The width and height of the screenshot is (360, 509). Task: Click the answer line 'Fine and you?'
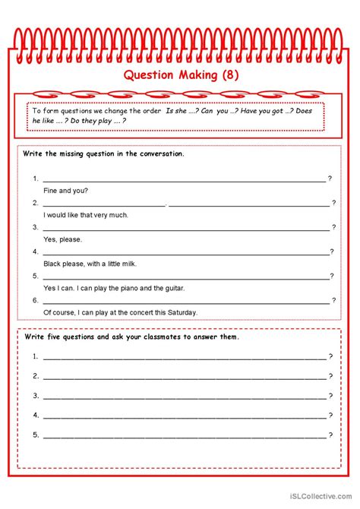[67, 190]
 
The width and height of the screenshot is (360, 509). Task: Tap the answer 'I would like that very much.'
[86, 214]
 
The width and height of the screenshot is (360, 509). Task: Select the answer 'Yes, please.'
[63, 239]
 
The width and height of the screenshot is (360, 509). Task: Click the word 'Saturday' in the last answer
[182, 312]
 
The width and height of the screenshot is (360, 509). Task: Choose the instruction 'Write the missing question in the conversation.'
[104, 153]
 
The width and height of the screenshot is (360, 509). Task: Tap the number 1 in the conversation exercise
[36, 178]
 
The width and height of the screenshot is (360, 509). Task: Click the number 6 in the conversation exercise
[36, 300]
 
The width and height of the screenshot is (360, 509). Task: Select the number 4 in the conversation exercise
[36, 251]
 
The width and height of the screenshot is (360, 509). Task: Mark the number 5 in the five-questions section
[36, 435]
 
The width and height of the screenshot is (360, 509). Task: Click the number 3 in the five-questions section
[36, 395]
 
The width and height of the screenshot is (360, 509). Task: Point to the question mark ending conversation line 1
[330, 178]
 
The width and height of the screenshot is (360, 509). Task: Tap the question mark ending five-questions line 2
[330, 375]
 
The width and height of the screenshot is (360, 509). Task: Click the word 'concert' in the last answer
[135, 312]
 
